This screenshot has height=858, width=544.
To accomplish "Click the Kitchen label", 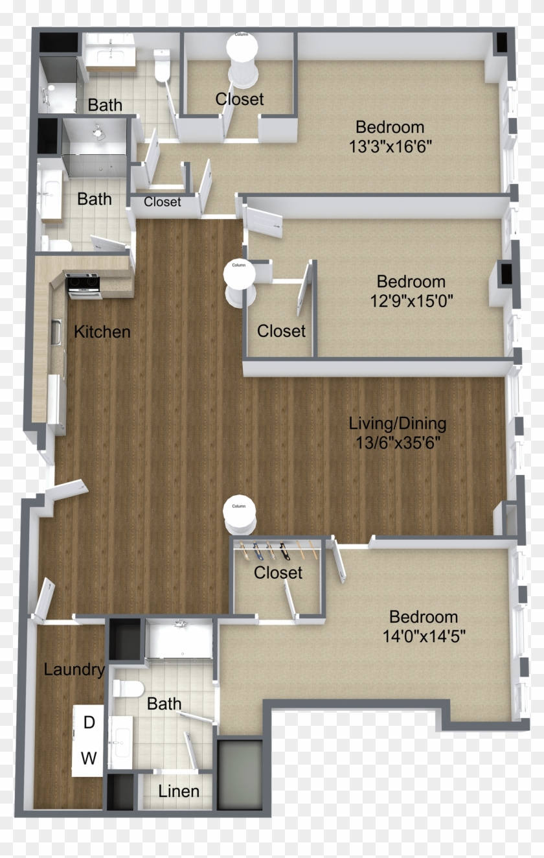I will (102, 332).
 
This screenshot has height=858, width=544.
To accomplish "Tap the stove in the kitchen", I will (84, 285).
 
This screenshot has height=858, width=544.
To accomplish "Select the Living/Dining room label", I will (397, 424).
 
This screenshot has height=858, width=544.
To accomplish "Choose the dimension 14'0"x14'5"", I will (424, 636).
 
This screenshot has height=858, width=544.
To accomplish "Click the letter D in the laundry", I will (89, 723).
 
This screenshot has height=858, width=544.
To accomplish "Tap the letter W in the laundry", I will (89, 757).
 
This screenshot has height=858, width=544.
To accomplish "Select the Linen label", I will (179, 791).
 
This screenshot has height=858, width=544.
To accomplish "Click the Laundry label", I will (74, 669).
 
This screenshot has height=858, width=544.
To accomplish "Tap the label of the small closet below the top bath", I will (163, 202).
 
